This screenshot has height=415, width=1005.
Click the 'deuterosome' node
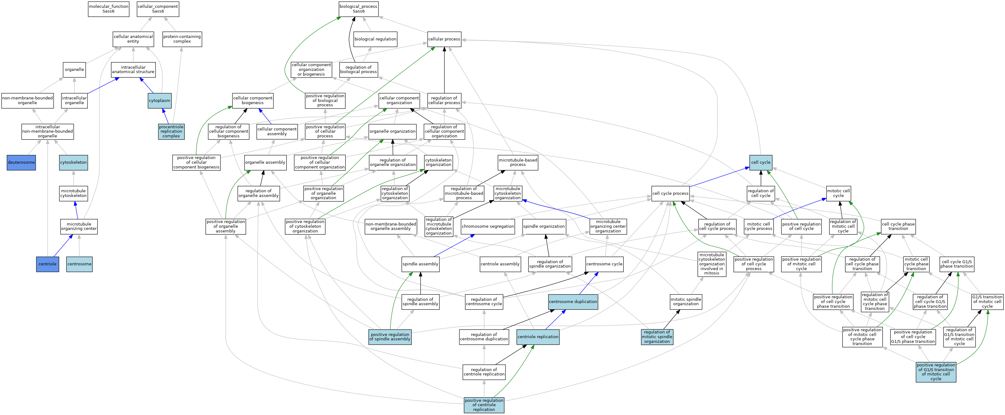[x=21, y=162]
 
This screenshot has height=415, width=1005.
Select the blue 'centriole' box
[x=48, y=264]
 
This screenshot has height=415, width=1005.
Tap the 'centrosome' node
[x=79, y=264]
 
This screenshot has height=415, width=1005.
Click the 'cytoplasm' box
[x=160, y=101]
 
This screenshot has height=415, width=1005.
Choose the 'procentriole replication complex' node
[x=171, y=131]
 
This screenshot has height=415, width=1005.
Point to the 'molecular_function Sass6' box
[x=108, y=8]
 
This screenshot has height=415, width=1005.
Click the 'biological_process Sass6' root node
[x=358, y=8]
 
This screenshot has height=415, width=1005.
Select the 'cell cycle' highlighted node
[x=760, y=162]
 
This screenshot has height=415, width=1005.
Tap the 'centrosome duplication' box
[x=573, y=302]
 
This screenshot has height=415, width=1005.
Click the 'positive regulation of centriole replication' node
[x=484, y=405]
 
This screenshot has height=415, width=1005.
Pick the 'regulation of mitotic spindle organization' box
[x=657, y=337]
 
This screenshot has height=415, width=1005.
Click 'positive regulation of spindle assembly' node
[x=390, y=337]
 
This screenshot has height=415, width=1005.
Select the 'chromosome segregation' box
[x=488, y=226]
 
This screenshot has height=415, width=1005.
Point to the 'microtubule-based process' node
[x=518, y=162]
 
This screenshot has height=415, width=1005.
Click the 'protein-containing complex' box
[x=182, y=39]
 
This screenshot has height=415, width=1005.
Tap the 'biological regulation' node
[x=375, y=39]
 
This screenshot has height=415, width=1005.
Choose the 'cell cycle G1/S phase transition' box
[x=957, y=264]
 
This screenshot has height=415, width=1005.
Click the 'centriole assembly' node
[x=500, y=264]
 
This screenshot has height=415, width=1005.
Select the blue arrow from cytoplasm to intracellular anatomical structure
[x=147, y=85]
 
